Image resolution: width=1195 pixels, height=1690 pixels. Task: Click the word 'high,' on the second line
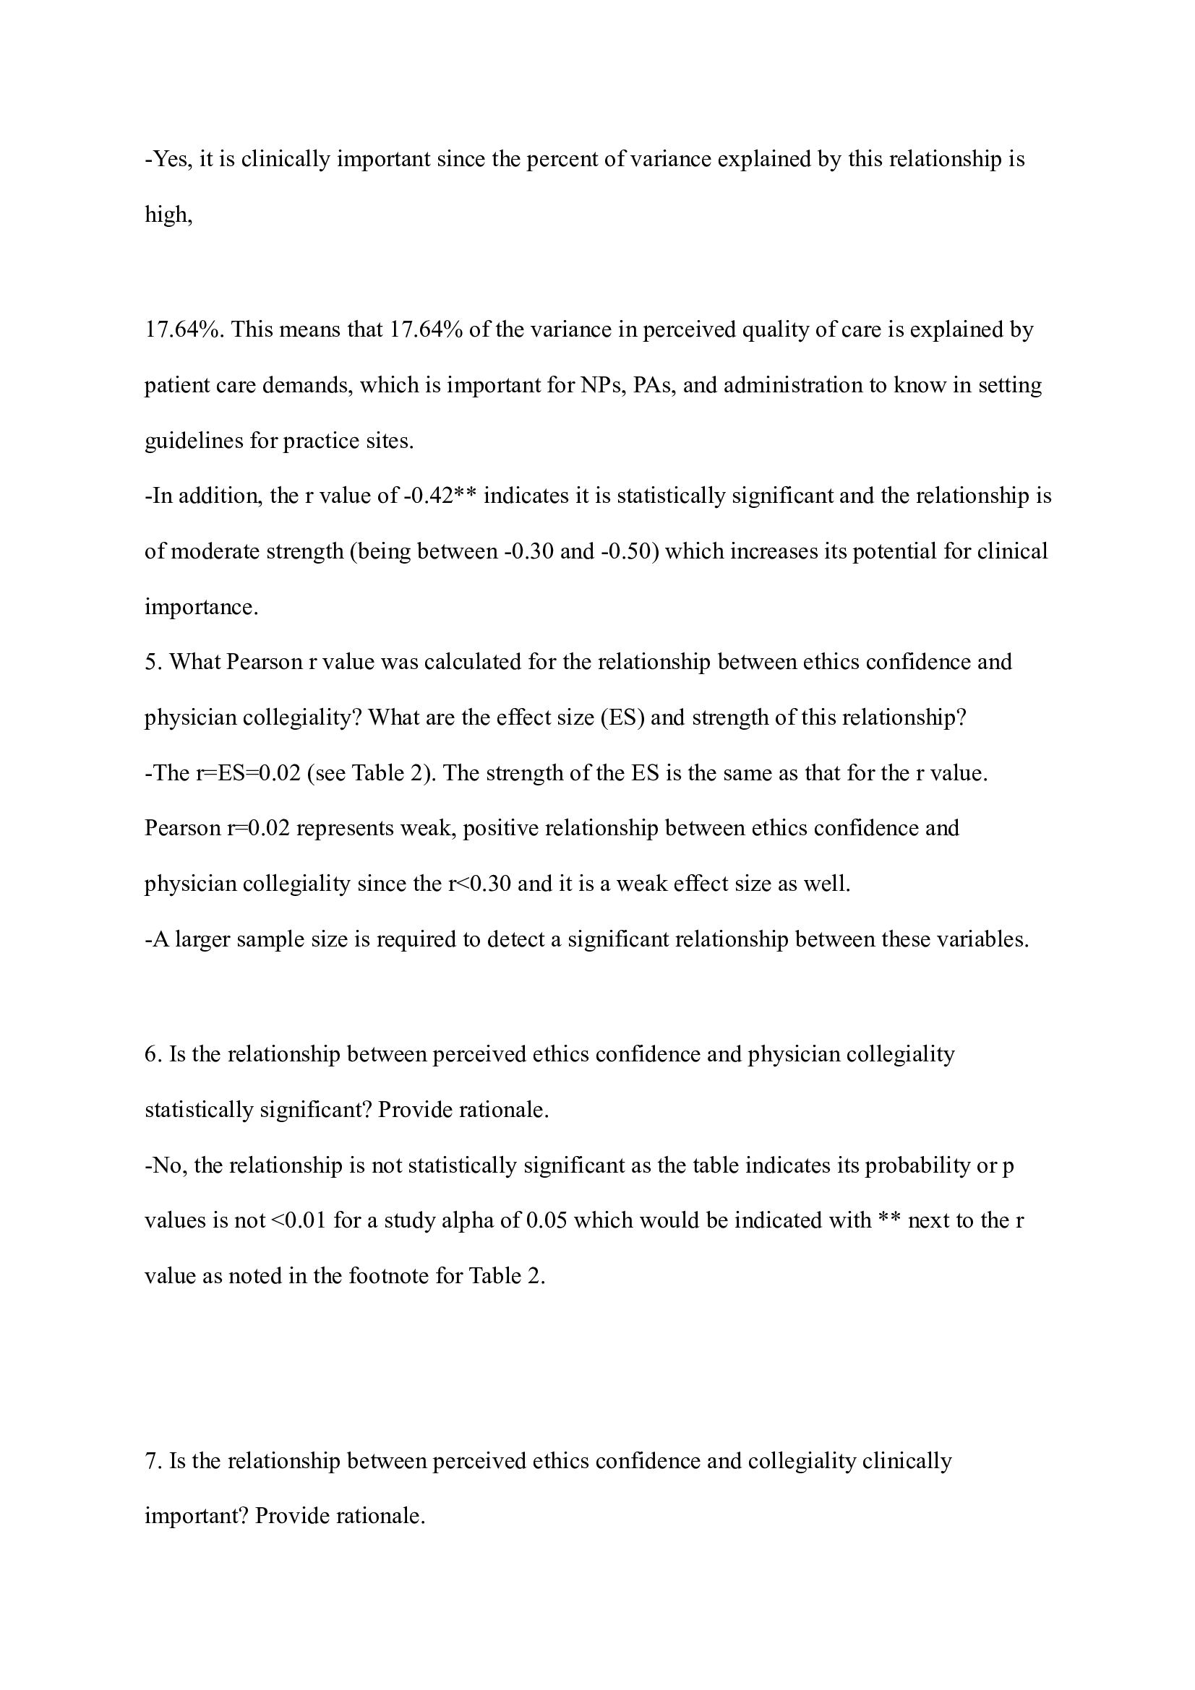pyautogui.click(x=168, y=215)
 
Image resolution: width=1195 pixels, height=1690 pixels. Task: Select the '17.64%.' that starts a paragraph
pyautogui.click(x=184, y=329)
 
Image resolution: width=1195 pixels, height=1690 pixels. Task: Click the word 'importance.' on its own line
pyautogui.click(x=201, y=608)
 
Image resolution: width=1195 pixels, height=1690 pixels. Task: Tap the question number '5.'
pyautogui.click(x=153, y=663)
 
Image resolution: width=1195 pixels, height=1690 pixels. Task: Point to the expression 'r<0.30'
pyautogui.click(x=479, y=884)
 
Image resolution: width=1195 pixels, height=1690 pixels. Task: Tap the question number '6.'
pyautogui.click(x=153, y=1055)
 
